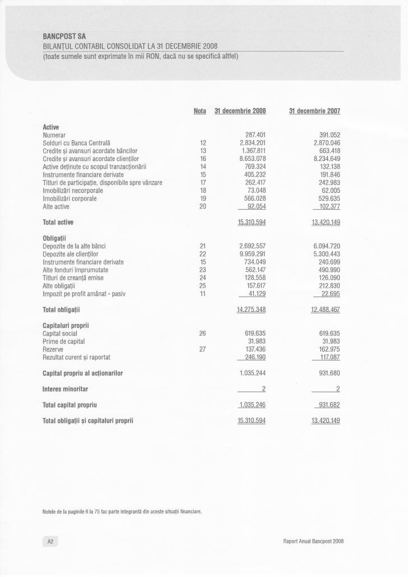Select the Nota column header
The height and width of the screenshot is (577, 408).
200,111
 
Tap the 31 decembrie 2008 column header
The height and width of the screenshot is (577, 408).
240,111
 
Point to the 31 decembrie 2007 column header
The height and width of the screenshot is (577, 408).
314,111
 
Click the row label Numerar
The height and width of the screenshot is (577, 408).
54,135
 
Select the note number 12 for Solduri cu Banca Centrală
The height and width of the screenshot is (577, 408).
203,143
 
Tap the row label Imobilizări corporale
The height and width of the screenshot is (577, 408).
69,199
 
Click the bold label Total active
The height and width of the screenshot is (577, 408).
58,223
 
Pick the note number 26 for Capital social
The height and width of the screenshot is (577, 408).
203,333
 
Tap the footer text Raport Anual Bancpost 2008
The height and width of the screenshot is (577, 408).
313,541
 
